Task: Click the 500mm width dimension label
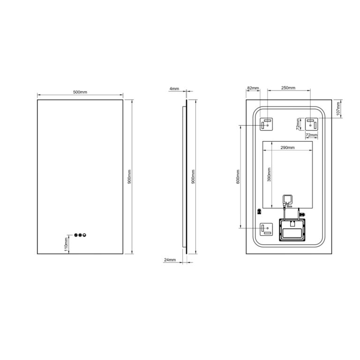click(80, 92)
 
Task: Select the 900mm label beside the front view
click(129, 177)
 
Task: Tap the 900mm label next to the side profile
click(193, 177)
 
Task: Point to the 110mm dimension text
click(66, 244)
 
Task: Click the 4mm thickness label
click(174, 89)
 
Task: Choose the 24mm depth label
click(170, 260)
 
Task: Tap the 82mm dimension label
click(253, 88)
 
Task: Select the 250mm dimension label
click(288, 88)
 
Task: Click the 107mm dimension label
click(338, 108)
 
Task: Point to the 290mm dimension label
click(287, 148)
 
